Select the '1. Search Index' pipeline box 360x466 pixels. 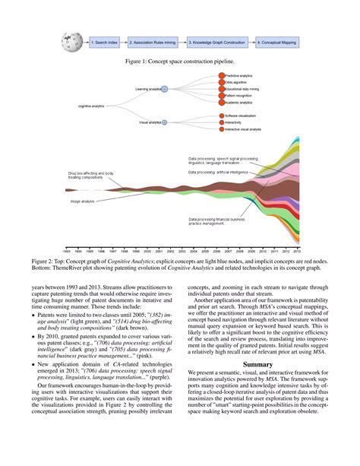coord(104,43)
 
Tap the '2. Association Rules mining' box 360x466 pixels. coord(153,43)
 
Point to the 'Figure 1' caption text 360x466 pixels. coord(180,60)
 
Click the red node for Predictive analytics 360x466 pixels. coord(223,76)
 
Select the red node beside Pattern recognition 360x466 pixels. coord(223,95)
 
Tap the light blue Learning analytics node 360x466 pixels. coord(164,89)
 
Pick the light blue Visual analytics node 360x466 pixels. coord(164,122)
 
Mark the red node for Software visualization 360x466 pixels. coord(223,115)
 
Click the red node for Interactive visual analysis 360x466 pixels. coord(223,129)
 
